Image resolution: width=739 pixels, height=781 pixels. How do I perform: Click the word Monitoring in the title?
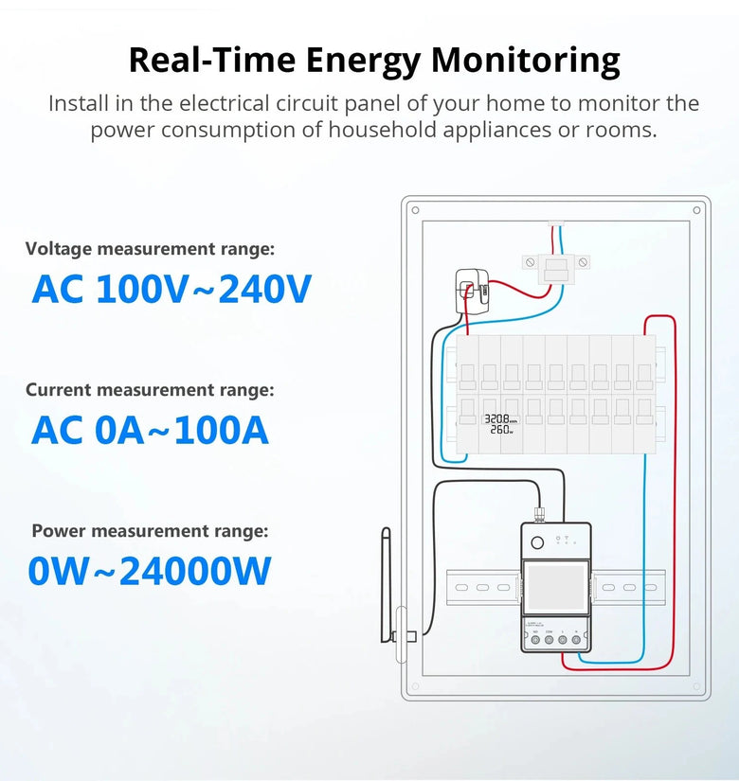coord(526,60)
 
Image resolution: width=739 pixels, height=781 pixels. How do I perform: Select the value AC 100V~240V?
coord(171,289)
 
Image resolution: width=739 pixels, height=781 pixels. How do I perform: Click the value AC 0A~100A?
coord(150,430)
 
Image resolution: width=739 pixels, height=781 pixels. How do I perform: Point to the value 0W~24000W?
coord(150,571)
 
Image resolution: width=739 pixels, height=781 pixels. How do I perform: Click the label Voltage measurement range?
coord(150,249)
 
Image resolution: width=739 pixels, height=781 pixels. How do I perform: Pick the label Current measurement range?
coord(150,390)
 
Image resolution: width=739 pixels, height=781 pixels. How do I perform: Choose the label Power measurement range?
coord(150,531)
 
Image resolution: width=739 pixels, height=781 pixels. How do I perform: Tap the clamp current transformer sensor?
coord(471,289)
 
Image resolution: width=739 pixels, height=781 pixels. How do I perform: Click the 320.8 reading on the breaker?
coord(500,418)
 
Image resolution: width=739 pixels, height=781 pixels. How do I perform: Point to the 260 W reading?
coord(501,430)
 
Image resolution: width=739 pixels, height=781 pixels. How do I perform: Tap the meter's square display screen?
coord(555,588)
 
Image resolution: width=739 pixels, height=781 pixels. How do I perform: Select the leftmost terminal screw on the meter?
coord(534,641)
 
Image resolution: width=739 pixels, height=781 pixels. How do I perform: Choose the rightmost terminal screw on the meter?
coord(576,641)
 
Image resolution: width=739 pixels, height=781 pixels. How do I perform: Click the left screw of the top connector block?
coord(531,261)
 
